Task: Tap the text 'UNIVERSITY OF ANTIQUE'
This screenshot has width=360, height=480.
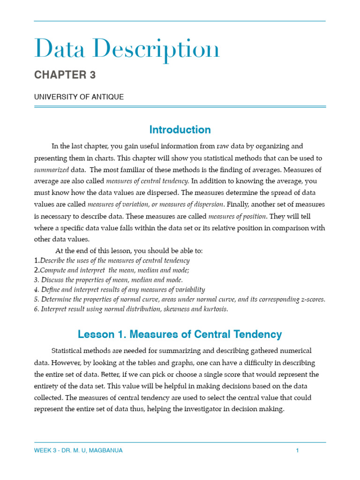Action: [x=79, y=97]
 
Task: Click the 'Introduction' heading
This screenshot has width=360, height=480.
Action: [x=180, y=130]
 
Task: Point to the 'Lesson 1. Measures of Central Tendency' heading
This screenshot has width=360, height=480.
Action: [x=180, y=334]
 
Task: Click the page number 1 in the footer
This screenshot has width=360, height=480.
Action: [x=297, y=450]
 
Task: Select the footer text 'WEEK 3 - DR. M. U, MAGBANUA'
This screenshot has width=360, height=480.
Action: [x=78, y=450]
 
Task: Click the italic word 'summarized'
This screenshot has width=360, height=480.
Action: [x=51, y=170]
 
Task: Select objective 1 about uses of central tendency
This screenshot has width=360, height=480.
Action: [x=112, y=261]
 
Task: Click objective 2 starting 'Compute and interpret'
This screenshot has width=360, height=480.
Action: [x=112, y=270]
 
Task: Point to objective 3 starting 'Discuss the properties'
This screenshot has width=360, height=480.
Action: [x=108, y=280]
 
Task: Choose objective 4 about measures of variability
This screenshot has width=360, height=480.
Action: [x=120, y=290]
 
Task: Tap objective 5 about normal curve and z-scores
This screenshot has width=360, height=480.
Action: [x=180, y=300]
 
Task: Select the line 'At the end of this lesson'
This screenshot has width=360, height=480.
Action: [x=129, y=251]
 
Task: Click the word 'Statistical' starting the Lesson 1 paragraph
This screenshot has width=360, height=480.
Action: [x=68, y=351]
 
